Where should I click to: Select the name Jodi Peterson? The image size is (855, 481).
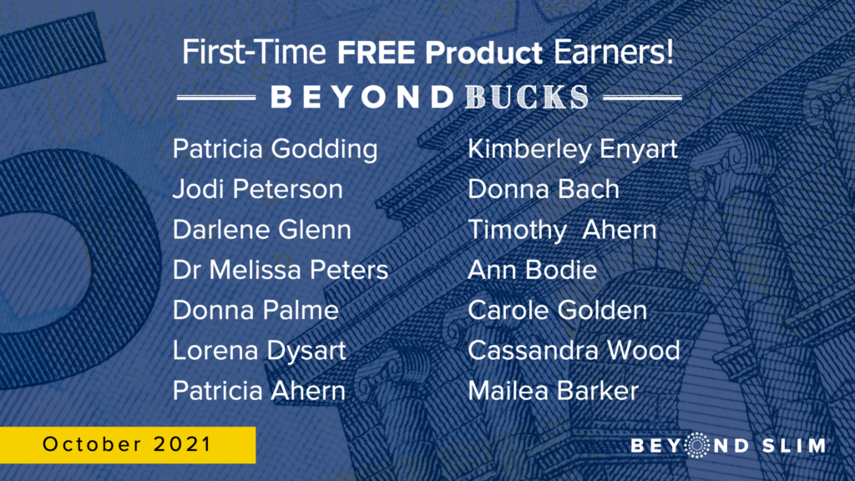click(x=258, y=190)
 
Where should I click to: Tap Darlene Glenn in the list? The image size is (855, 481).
click(x=261, y=230)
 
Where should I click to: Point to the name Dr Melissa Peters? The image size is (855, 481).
click(x=281, y=270)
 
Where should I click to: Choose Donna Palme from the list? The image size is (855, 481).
click(x=255, y=311)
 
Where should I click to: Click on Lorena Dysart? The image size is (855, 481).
click(x=259, y=352)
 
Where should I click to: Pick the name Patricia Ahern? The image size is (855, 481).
click(x=259, y=391)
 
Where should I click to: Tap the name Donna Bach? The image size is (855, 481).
click(x=544, y=190)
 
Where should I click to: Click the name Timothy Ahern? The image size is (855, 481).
click(x=562, y=230)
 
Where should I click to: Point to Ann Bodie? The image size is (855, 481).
click(x=532, y=270)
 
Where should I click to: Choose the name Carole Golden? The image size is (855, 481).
click(x=557, y=311)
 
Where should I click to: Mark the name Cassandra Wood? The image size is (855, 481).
click(x=574, y=351)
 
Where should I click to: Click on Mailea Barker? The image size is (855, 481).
click(x=553, y=391)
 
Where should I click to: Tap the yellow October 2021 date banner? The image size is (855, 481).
click(x=128, y=445)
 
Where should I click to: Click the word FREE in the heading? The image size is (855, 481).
click(x=377, y=53)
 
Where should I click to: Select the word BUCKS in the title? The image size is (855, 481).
click(x=528, y=97)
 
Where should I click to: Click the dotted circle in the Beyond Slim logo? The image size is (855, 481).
click(x=696, y=445)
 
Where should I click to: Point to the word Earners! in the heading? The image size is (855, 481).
click(x=614, y=53)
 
